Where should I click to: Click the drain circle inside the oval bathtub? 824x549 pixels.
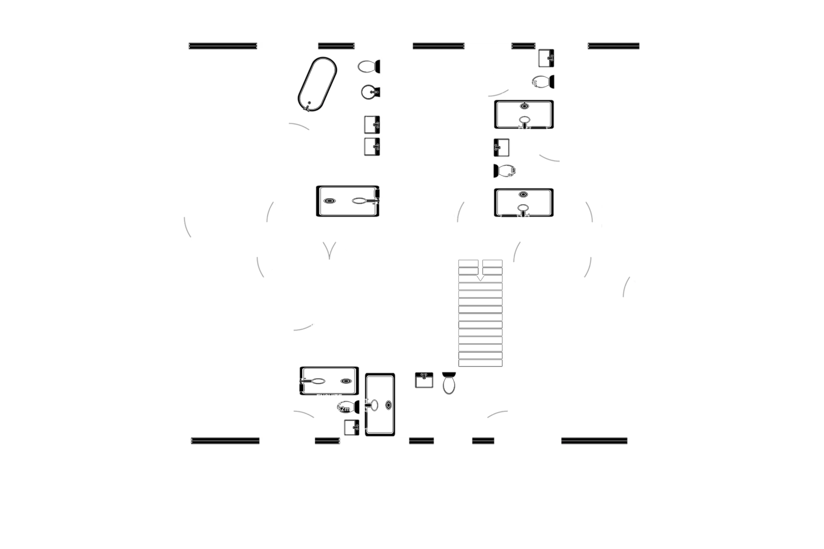[x=308, y=105]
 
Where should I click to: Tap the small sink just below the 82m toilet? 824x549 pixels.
[x=351, y=427]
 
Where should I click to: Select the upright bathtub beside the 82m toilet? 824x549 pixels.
[x=380, y=404]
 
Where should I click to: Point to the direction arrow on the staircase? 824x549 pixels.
[x=480, y=278]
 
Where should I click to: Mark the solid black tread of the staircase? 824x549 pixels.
[x=480, y=355]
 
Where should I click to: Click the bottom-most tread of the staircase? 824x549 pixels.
[x=480, y=363]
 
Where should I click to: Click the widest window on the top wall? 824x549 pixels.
[x=223, y=46]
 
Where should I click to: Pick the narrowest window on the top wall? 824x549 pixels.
[x=523, y=46]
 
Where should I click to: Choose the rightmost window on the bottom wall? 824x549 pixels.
[x=594, y=440]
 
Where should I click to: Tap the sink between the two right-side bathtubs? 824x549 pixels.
[x=502, y=147]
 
